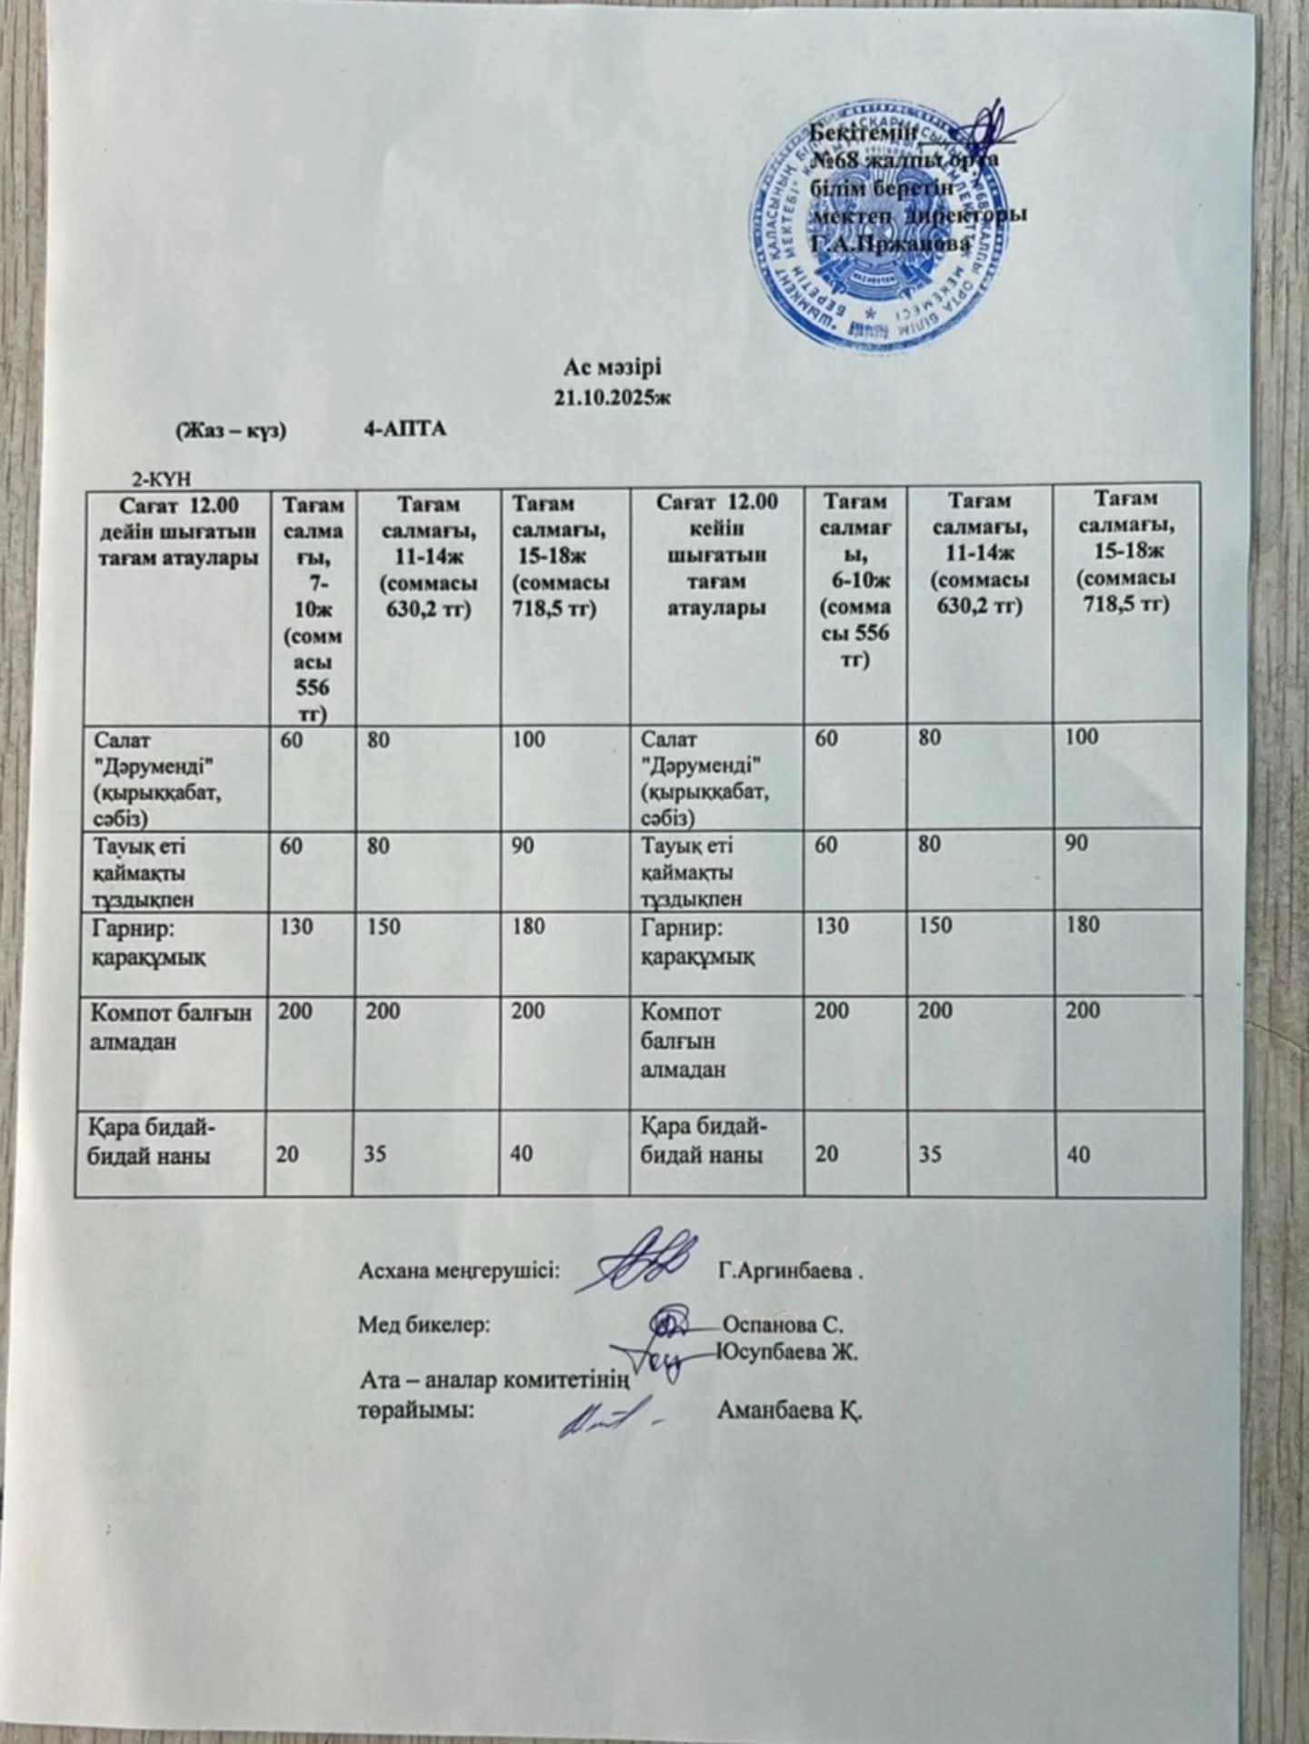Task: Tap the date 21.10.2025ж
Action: pyautogui.click(x=616, y=397)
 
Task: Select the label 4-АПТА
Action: pyautogui.click(x=405, y=429)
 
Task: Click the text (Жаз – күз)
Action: pyautogui.click(x=231, y=429)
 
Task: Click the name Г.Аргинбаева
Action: pyautogui.click(x=787, y=1269)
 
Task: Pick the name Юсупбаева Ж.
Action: pyautogui.click(x=789, y=1351)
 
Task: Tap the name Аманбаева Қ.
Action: pyautogui.click(x=789, y=1411)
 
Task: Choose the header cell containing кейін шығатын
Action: pyautogui.click(x=716, y=554)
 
